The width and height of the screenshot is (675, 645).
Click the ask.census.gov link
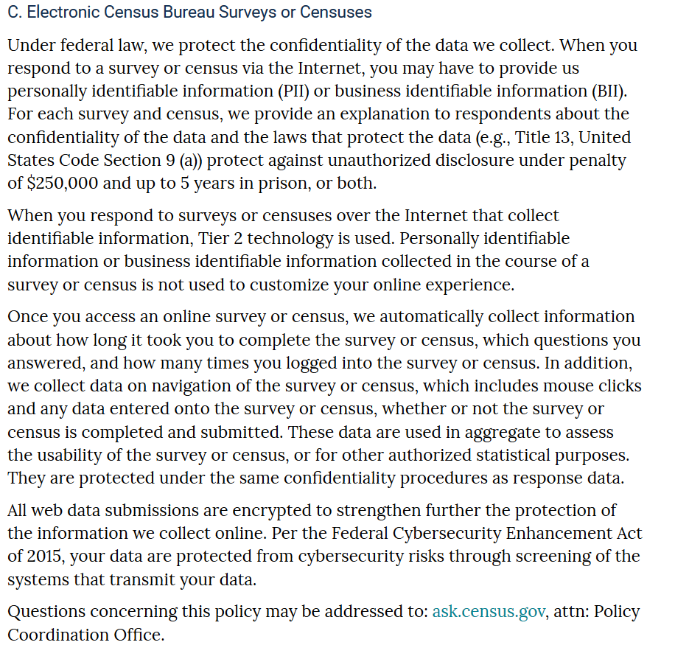(x=489, y=611)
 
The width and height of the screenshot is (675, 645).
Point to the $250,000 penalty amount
(x=64, y=183)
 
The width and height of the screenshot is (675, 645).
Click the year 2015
(x=43, y=557)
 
